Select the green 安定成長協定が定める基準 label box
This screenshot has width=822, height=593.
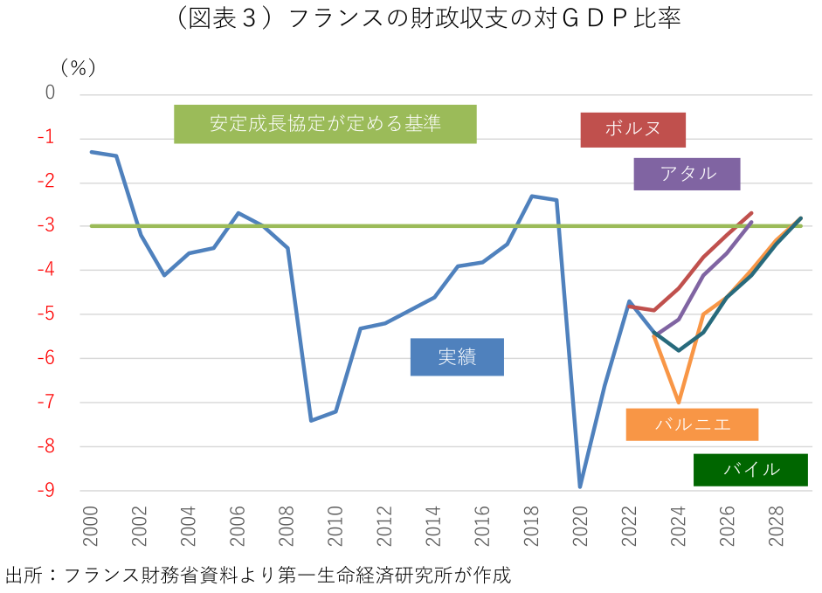pyautogui.click(x=325, y=124)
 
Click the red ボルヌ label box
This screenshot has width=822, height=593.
pyautogui.click(x=632, y=129)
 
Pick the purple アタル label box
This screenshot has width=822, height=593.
pyautogui.click(x=687, y=174)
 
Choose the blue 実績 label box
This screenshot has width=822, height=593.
pyautogui.click(x=457, y=357)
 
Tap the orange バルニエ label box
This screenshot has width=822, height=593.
pyautogui.click(x=692, y=424)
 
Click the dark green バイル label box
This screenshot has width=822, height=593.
pyautogui.click(x=750, y=469)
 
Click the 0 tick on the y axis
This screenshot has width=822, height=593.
pyautogui.click(x=50, y=93)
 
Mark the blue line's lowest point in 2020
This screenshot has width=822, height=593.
pyautogui.click(x=579, y=487)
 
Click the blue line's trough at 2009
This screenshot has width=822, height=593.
pyautogui.click(x=311, y=421)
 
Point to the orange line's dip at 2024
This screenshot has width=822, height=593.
pyautogui.click(x=678, y=403)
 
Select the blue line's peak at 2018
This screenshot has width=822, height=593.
pyautogui.click(x=531, y=196)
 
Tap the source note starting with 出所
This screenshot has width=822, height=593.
pyautogui.click(x=258, y=576)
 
